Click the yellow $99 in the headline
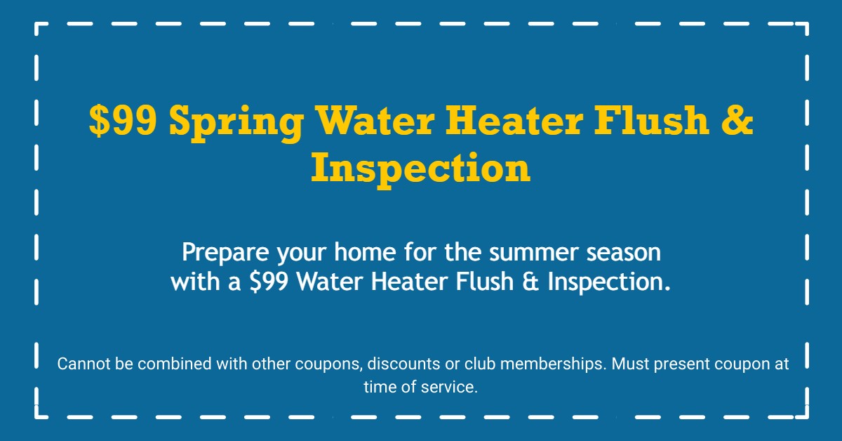123,120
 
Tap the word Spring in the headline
236,124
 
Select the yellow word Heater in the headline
514,120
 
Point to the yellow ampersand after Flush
737,120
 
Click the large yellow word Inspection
420,170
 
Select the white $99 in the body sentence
269,282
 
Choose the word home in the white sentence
365,251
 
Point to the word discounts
403,364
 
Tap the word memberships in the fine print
554,364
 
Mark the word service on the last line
449,387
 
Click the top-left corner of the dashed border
36,24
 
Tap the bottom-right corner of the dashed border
807,417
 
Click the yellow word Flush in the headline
651,119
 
